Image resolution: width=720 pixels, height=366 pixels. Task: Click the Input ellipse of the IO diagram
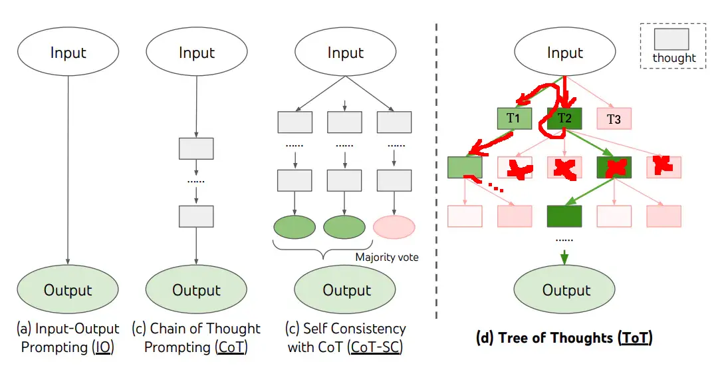(x=68, y=53)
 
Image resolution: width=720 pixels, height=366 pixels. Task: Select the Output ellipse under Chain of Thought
(x=196, y=289)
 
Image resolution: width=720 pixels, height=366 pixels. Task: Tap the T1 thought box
(x=515, y=118)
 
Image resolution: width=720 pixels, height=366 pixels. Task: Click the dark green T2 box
(x=564, y=118)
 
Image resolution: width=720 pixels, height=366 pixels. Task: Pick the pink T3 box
(x=614, y=119)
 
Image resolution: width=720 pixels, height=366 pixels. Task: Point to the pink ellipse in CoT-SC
(x=394, y=227)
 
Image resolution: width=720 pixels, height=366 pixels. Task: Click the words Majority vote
(x=386, y=257)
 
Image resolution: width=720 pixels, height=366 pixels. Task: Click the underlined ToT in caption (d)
(x=636, y=338)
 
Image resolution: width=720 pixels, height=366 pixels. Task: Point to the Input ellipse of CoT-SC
(x=346, y=53)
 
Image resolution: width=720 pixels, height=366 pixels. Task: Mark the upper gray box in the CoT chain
(x=196, y=148)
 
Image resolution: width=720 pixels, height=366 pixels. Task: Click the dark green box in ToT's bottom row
(x=564, y=216)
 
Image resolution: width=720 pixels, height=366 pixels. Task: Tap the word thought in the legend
(x=673, y=58)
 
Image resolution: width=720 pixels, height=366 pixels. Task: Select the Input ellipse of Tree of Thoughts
(x=565, y=53)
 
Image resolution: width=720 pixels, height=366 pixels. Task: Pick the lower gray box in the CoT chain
(x=196, y=216)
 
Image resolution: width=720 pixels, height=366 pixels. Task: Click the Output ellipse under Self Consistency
(x=346, y=289)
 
